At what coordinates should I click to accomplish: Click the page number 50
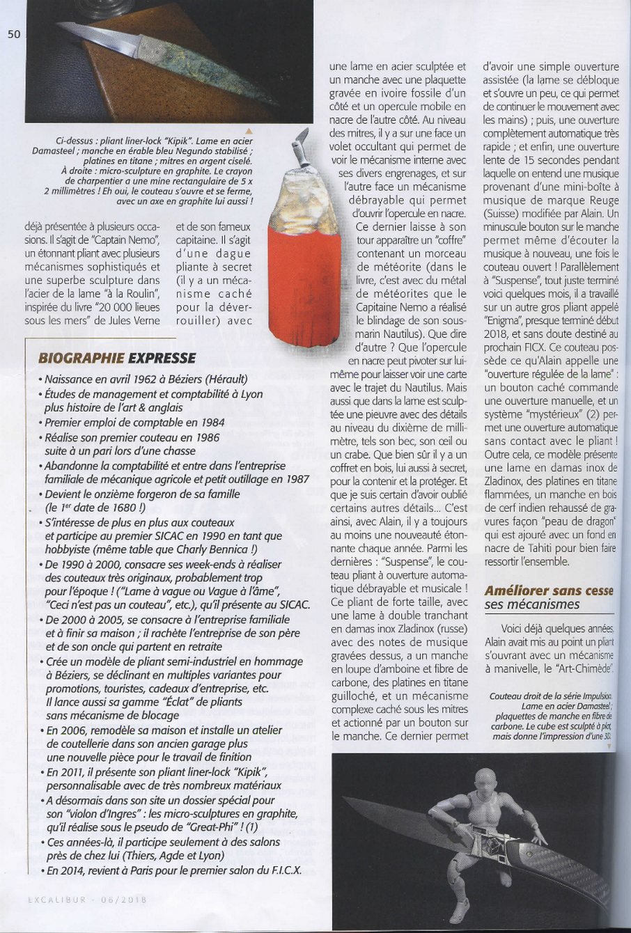14,34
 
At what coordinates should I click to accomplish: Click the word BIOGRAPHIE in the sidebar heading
81,359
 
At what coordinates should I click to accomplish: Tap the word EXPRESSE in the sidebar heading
162,359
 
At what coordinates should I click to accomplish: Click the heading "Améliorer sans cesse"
549,590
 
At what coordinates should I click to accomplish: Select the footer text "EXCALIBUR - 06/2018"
88,900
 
